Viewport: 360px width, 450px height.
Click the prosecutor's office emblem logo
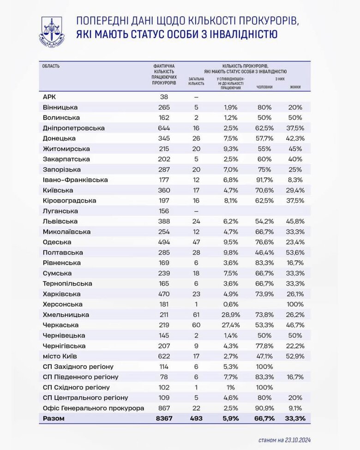(51, 31)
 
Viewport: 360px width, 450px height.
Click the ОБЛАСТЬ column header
(51, 66)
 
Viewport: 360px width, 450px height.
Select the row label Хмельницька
(66, 315)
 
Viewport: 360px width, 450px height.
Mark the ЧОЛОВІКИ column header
(264, 87)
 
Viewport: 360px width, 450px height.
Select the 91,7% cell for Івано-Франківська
(264, 180)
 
